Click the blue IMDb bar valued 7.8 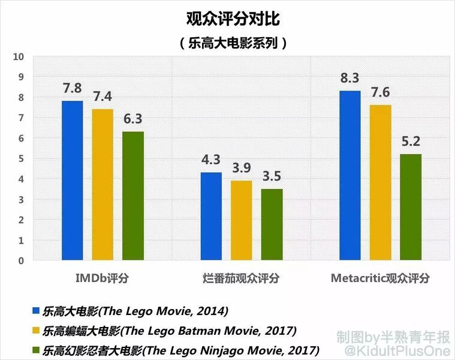pos(73,181)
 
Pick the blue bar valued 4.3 pos(211,217)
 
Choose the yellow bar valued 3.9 pos(241,221)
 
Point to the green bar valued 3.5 pos(272,225)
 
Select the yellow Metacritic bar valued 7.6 pos(380,183)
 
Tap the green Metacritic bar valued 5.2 pos(410,207)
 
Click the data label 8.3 pos(349,79)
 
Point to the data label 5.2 pos(410,142)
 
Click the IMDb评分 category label pos(102,278)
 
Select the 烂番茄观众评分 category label pos(241,278)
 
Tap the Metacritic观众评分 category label pos(380,278)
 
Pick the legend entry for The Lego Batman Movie pos(164,330)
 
